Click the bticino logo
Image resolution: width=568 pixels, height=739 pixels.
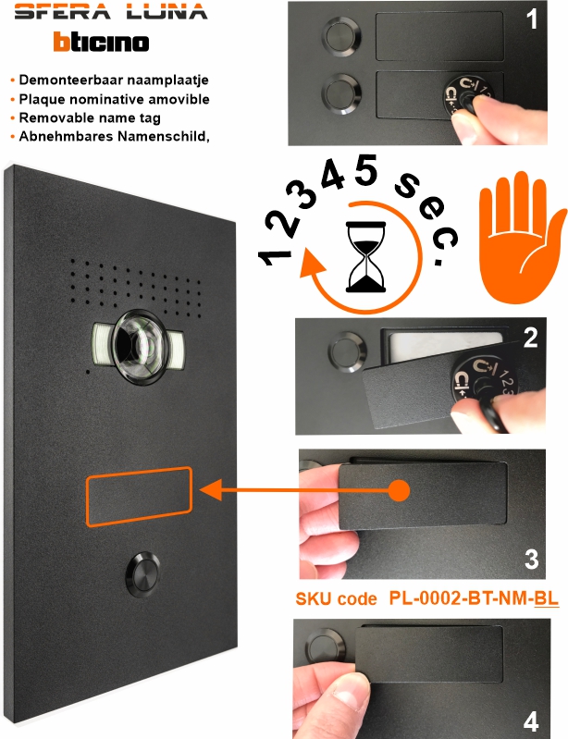[x=102, y=42]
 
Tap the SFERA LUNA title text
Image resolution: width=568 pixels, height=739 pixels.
[x=111, y=11]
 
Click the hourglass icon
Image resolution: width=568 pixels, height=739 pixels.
[x=365, y=257]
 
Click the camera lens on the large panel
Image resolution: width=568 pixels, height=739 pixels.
[x=139, y=347]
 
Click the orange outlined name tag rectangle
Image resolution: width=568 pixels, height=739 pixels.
[x=139, y=496]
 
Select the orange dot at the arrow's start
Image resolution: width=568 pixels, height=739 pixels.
[x=400, y=490]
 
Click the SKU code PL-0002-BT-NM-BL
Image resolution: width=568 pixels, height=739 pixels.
[x=474, y=598]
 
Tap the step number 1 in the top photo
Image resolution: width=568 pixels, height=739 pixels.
[x=532, y=18]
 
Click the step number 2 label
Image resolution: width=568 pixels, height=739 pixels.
[x=530, y=338]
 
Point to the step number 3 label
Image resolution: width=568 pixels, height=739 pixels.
[x=531, y=559]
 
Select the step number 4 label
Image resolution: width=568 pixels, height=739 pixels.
[x=531, y=721]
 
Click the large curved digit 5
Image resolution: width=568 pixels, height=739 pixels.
[x=365, y=169]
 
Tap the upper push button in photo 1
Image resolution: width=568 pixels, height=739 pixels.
[x=341, y=36]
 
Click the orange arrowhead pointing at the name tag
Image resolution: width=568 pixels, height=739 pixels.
[x=211, y=490]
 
